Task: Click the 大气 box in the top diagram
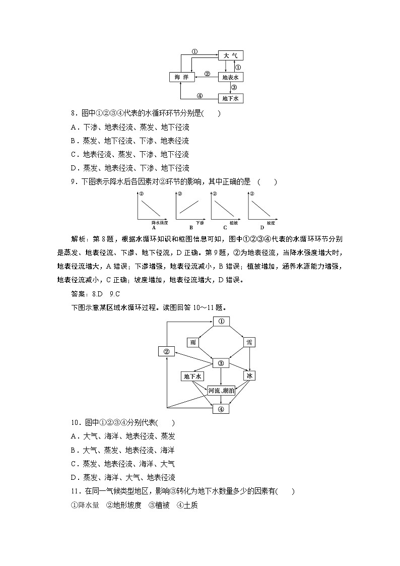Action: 230,55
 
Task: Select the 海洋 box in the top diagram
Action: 181,77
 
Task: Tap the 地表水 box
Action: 230,77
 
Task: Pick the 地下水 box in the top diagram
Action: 230,98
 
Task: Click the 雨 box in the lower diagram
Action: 193,342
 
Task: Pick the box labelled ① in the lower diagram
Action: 221,321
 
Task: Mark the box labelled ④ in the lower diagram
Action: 221,409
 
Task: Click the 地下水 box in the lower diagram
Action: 192,375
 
